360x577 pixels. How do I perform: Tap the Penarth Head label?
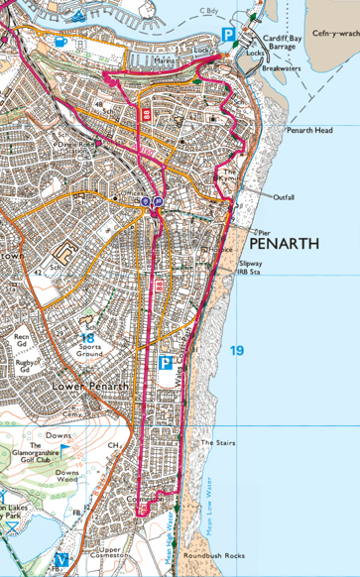point(310,130)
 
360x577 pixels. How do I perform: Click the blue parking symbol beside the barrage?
point(228,35)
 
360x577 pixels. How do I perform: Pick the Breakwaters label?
point(281,69)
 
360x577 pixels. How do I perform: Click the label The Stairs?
point(216,442)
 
